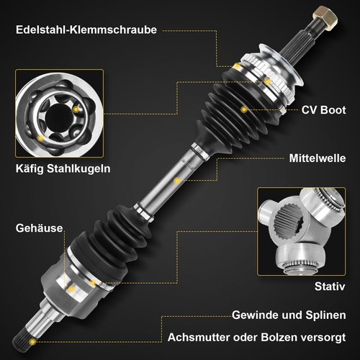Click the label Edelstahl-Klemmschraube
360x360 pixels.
(85, 30)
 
